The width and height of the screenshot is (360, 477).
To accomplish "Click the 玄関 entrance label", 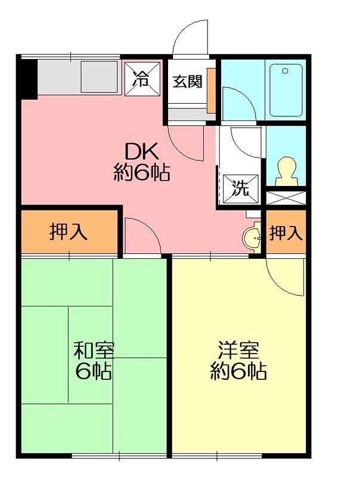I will pyautogui.click(x=187, y=81).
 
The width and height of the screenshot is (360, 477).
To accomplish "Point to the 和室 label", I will pyautogui.click(x=94, y=349).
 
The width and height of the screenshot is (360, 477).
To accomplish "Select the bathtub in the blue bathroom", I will pyautogui.click(x=288, y=89).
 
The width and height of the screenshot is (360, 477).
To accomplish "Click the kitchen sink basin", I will pyautogui.click(x=98, y=77).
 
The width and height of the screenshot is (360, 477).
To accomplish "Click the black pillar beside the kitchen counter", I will pyautogui.click(x=27, y=77).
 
